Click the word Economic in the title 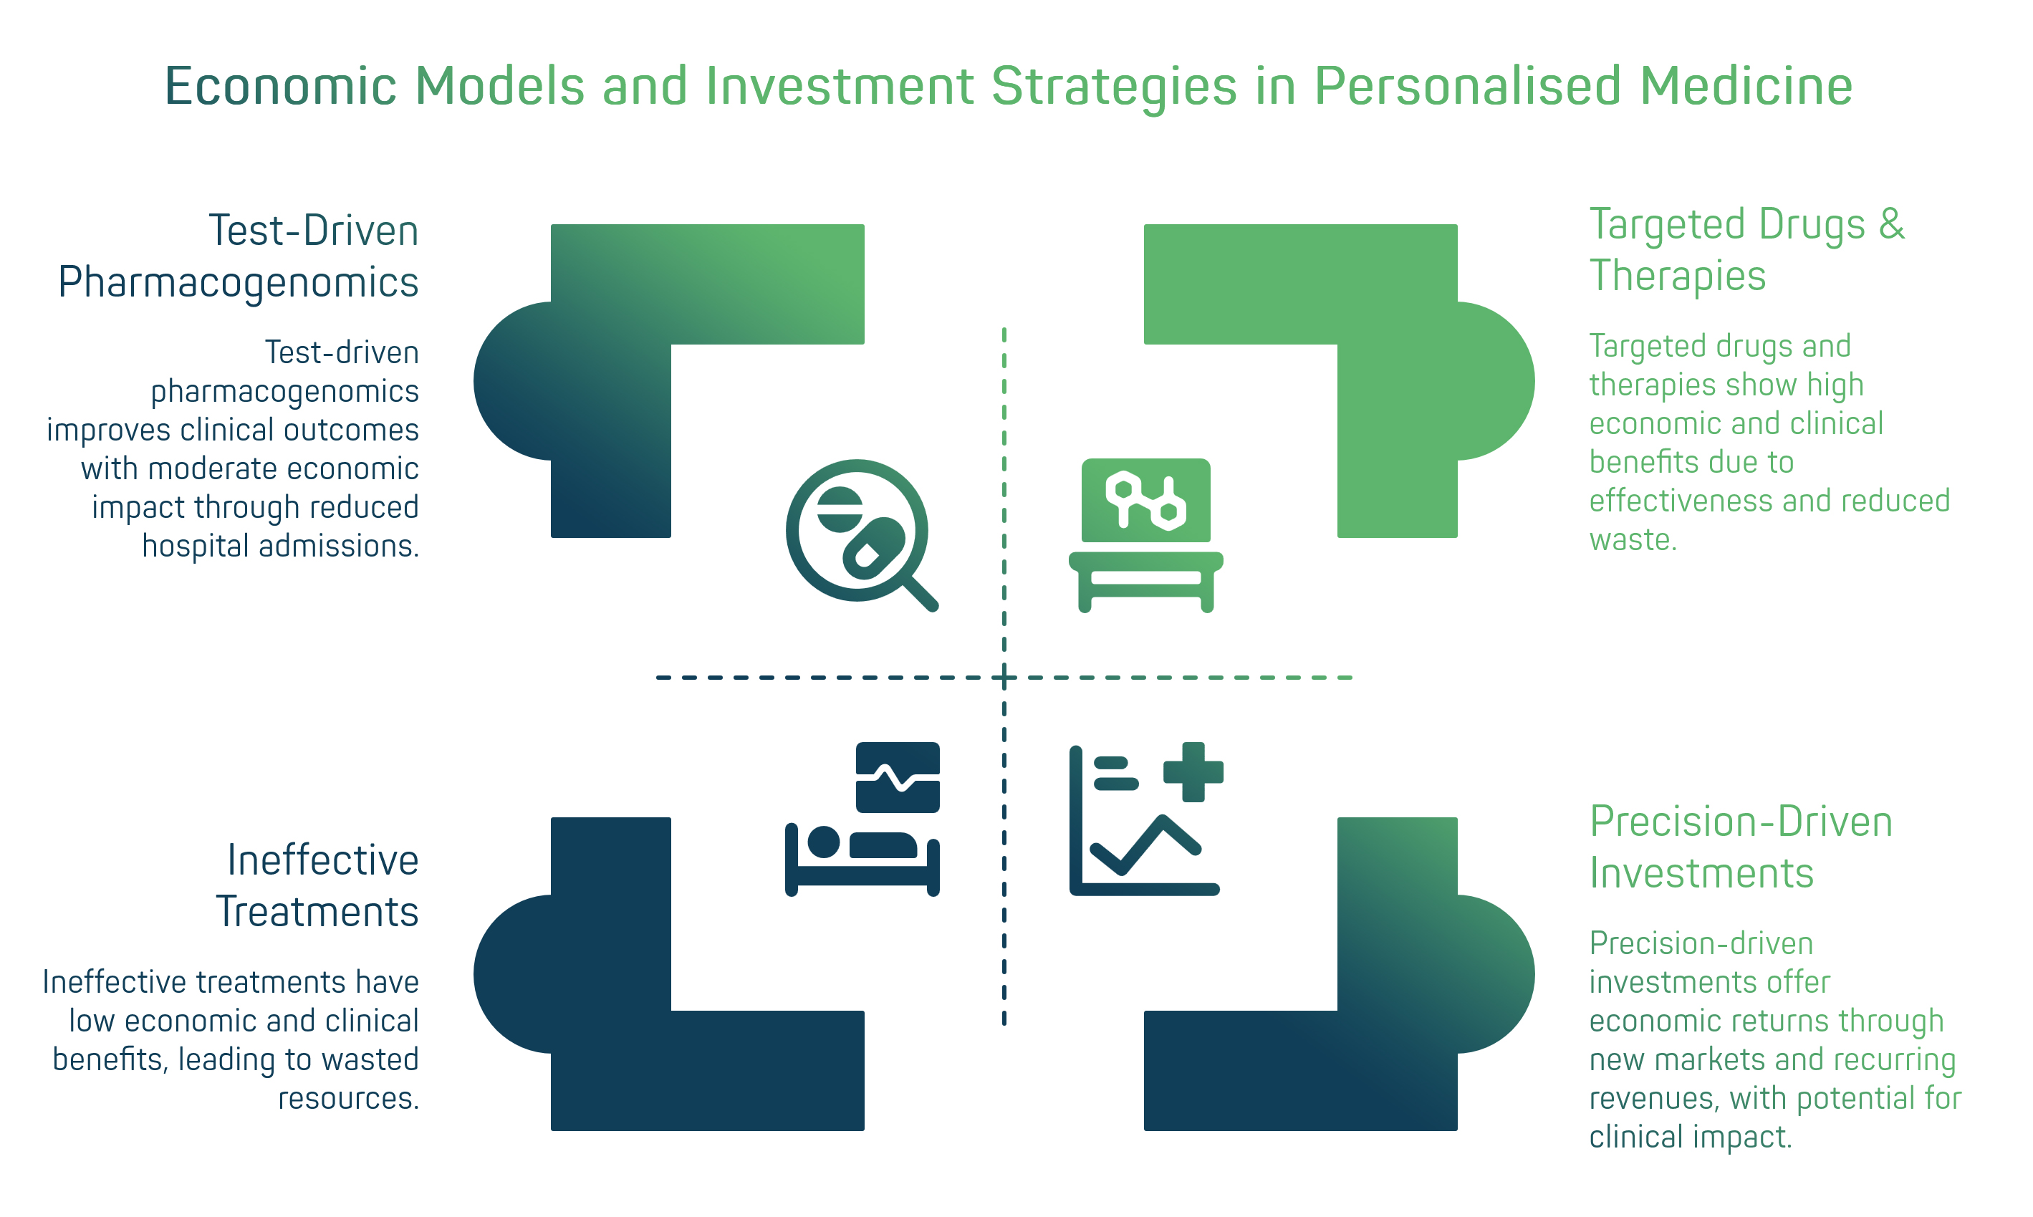281,86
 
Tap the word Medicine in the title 1746,86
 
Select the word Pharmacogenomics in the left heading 238,283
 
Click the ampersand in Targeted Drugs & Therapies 1891,224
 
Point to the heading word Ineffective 322,860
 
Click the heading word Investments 1701,872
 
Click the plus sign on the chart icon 1193,771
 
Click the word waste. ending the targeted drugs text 1632,539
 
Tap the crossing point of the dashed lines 1004,678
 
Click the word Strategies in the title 1114,86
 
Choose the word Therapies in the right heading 1677,276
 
